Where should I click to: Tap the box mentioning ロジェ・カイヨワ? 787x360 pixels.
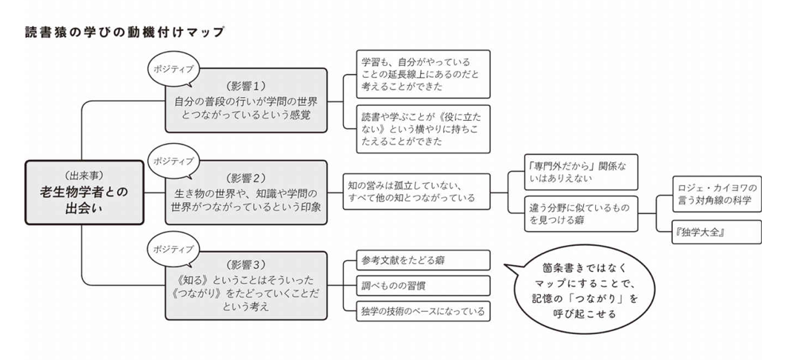(717, 193)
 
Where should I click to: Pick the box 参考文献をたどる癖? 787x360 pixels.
(417, 260)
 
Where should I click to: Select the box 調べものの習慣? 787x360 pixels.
(417, 285)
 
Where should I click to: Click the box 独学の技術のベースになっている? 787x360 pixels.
(417, 310)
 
